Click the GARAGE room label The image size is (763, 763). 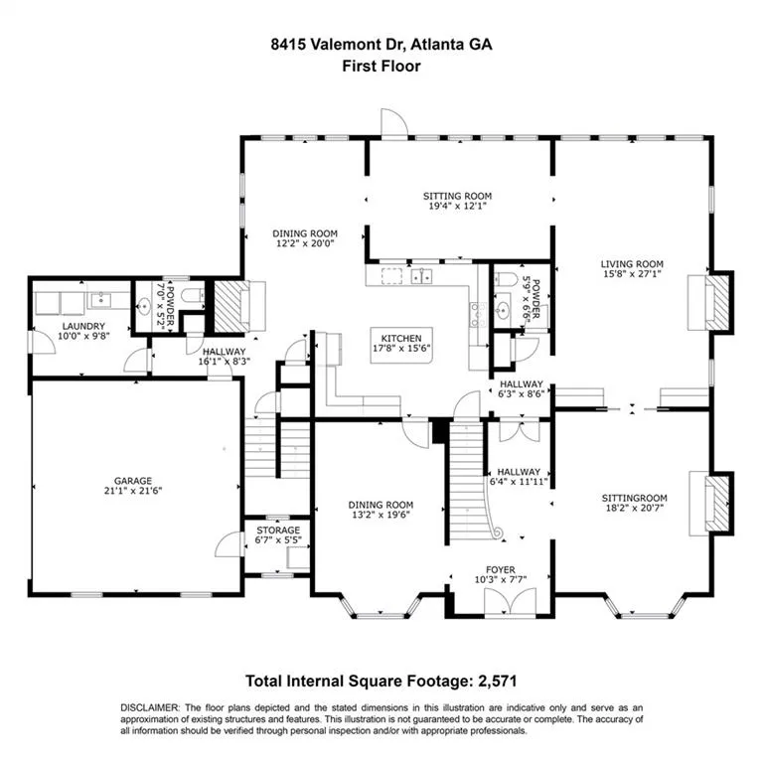pos(132,480)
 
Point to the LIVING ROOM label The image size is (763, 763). pos(631,264)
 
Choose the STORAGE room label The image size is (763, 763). pos(278,531)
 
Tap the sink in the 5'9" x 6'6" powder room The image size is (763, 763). pos(503,312)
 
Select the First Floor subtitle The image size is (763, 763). pos(381,67)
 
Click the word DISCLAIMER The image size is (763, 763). pos(149,706)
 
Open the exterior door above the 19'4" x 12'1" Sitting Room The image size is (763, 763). pos(391,123)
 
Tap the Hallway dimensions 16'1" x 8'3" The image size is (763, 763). pos(225,363)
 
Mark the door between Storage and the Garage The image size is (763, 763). pos(229,545)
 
